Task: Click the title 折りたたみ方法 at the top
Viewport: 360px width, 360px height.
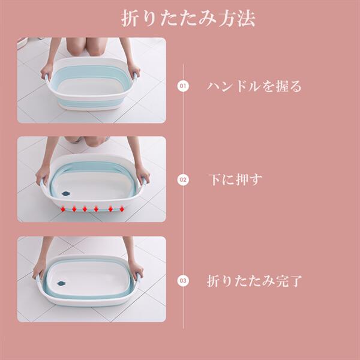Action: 188,19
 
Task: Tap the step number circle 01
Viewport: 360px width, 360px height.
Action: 183,86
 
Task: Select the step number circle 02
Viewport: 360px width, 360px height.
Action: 183,180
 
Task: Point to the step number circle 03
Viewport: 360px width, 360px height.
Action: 183,281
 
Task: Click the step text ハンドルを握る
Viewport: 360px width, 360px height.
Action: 254,86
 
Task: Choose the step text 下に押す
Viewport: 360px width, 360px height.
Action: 235,179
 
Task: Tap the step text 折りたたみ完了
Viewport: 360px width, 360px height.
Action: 254,281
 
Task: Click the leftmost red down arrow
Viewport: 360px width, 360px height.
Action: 63,209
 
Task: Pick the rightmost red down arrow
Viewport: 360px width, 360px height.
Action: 122,209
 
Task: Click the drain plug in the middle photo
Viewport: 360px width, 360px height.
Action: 66,194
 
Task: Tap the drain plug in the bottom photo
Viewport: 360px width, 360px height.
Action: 61,284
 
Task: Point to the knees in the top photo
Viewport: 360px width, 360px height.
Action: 87,47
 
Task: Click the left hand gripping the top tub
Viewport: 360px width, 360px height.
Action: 47,71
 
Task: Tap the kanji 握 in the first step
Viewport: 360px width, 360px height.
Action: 282,86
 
